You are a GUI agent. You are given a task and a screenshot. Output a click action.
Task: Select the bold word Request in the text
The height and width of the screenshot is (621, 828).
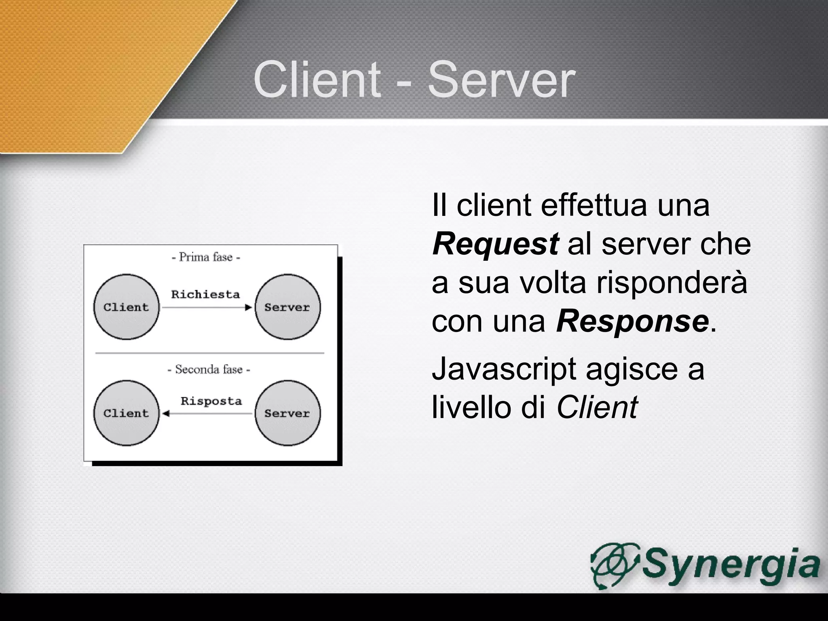(495, 244)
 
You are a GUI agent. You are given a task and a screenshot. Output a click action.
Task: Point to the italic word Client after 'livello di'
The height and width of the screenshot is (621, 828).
(597, 407)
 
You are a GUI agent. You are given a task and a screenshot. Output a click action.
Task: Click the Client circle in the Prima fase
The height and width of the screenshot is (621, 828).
(126, 307)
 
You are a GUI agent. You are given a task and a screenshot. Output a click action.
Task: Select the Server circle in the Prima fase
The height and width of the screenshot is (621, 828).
(287, 307)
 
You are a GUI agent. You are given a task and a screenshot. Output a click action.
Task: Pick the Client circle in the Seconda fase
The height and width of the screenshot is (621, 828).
(126, 413)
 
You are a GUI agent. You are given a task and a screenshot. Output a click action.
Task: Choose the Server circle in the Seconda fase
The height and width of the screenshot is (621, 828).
(287, 413)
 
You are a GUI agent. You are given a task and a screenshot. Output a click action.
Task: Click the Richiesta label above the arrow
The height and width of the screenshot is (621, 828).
(205, 294)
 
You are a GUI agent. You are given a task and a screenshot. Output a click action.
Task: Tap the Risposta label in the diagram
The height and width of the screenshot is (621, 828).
(211, 401)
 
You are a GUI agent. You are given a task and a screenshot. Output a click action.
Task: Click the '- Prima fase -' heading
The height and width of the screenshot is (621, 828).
(206, 257)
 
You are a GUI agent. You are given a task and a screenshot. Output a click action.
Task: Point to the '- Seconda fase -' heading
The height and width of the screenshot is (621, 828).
(209, 369)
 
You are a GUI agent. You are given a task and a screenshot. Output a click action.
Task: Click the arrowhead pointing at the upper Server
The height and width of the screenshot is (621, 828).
(249, 308)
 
